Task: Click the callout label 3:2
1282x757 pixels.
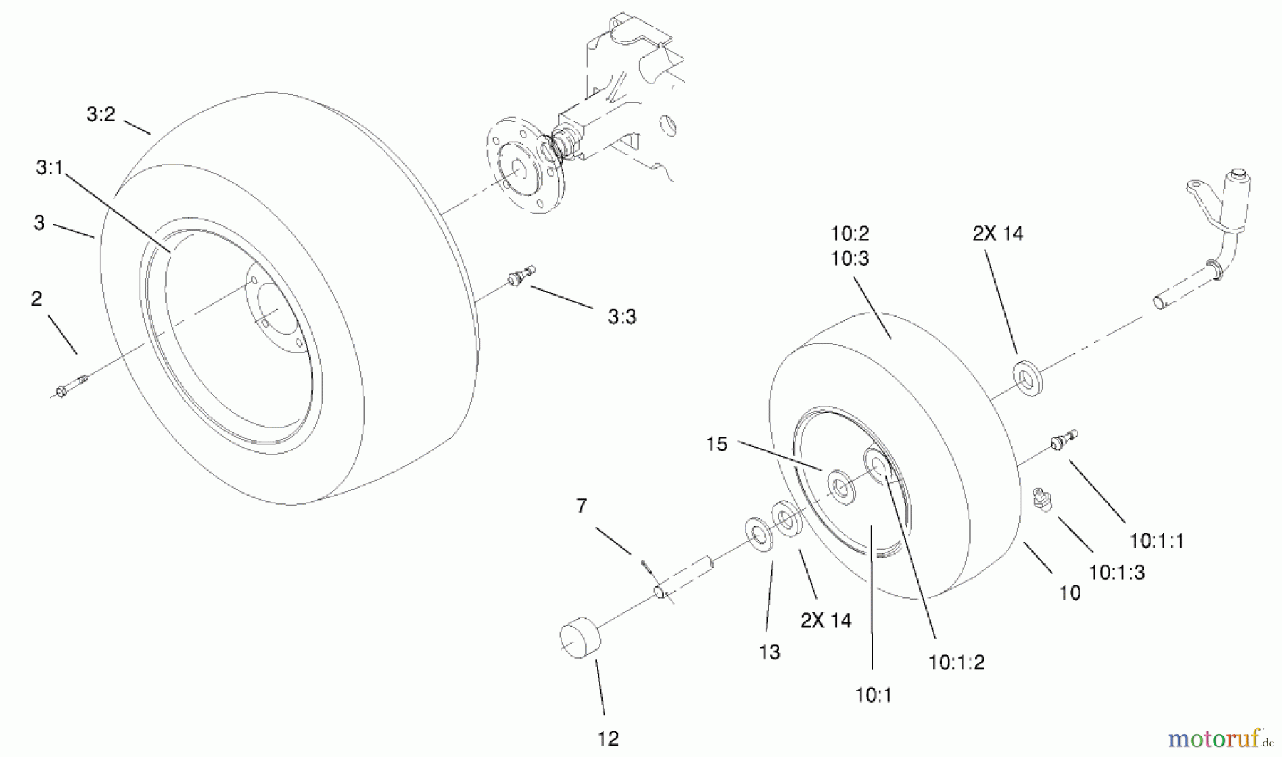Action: (x=100, y=115)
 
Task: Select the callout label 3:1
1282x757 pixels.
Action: (x=50, y=168)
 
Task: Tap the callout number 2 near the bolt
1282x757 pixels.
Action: (x=37, y=298)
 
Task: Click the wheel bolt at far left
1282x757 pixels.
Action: (x=70, y=385)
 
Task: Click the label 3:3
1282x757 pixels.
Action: (x=622, y=317)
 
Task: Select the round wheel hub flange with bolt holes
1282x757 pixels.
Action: (x=523, y=165)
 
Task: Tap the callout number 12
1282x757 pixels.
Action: (x=608, y=739)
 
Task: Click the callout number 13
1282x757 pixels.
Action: (x=769, y=652)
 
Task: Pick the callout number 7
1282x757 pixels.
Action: (x=582, y=506)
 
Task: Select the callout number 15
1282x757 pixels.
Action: (x=716, y=444)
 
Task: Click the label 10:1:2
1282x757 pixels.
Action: (x=957, y=663)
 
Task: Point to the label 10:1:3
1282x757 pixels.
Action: (x=1117, y=573)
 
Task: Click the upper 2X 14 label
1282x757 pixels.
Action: (x=998, y=234)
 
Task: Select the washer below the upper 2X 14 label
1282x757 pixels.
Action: (x=1028, y=378)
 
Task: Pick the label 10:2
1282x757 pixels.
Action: (x=850, y=234)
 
